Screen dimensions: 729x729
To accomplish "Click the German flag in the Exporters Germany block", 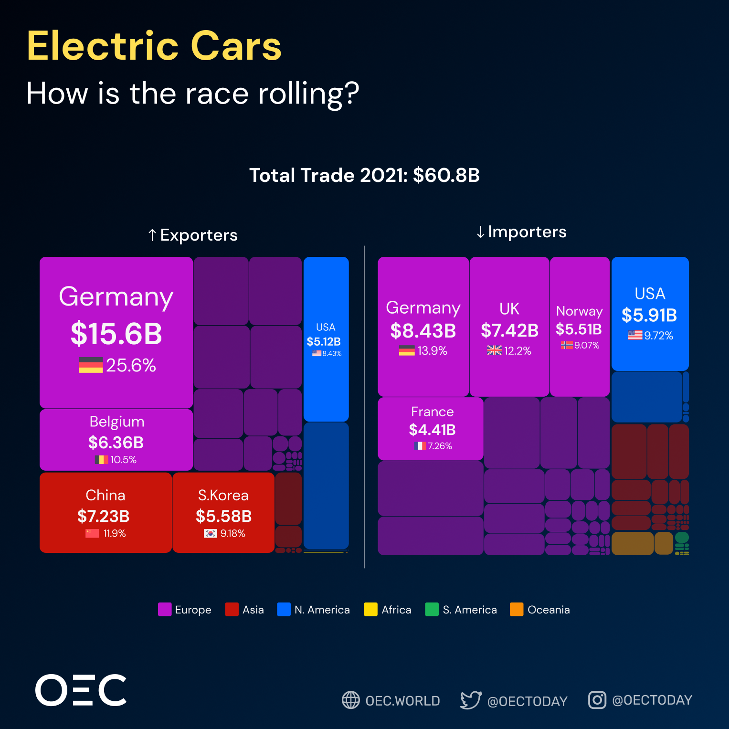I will coord(91,365).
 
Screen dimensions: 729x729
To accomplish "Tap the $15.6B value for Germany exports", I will coord(116,334).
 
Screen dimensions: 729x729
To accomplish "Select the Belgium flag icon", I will coord(101,460).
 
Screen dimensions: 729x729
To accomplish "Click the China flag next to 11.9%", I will coord(92,533).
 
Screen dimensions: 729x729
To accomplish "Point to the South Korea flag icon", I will coord(211,533).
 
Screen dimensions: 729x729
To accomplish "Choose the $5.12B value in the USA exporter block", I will coord(324,341).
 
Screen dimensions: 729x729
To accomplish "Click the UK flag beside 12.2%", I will coord(494,350).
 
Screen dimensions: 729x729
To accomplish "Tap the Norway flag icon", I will coord(567,345).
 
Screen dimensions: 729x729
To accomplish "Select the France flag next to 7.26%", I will coord(420,446).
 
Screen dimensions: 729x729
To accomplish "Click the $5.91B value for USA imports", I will coord(649,316).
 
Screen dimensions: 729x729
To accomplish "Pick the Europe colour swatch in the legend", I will coord(165,610).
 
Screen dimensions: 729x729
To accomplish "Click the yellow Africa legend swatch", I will coord(370,610).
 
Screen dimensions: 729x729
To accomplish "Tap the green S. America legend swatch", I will coord(432,610).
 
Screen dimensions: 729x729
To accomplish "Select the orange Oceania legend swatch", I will coord(517,610).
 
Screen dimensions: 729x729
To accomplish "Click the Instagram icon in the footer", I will coord(597,700).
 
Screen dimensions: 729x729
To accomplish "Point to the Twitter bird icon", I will coord(471,700).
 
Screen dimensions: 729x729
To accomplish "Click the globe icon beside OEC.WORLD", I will coord(351,700).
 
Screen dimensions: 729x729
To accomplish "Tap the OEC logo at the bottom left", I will coord(81,690).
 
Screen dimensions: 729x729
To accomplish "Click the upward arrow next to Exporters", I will coord(152,235).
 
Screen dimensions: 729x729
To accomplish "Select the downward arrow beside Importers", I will coord(481,232).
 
